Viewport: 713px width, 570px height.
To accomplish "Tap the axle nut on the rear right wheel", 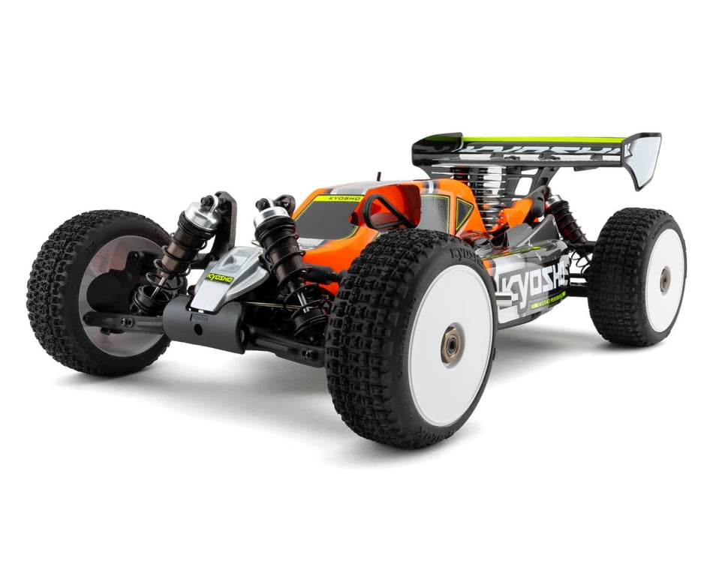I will [665, 280].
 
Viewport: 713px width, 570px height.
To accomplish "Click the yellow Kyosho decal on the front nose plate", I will [220, 277].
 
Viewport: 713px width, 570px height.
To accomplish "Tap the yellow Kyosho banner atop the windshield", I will [338, 199].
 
